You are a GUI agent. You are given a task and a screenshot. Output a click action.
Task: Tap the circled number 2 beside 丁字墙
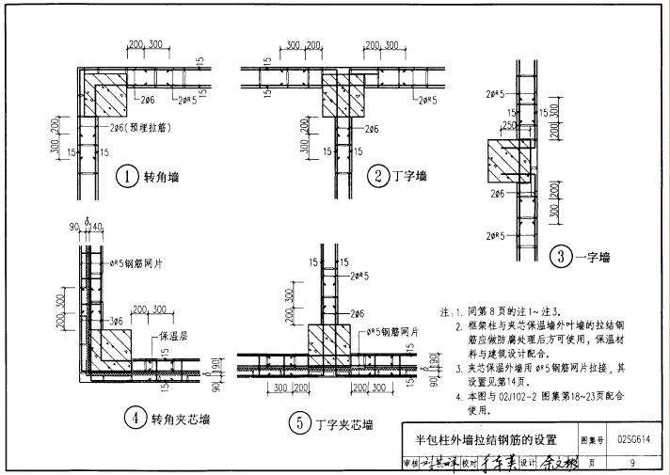click(377, 176)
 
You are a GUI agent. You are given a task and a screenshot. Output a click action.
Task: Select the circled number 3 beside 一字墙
click(559, 256)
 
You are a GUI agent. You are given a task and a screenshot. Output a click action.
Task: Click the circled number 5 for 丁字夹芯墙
click(298, 424)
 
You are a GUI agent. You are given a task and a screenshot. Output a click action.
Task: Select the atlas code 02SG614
click(634, 439)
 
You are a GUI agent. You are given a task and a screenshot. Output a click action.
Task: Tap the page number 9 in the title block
click(633, 462)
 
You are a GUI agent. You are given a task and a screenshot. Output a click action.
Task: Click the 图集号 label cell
click(591, 439)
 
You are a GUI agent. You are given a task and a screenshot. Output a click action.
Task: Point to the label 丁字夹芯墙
click(344, 424)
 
